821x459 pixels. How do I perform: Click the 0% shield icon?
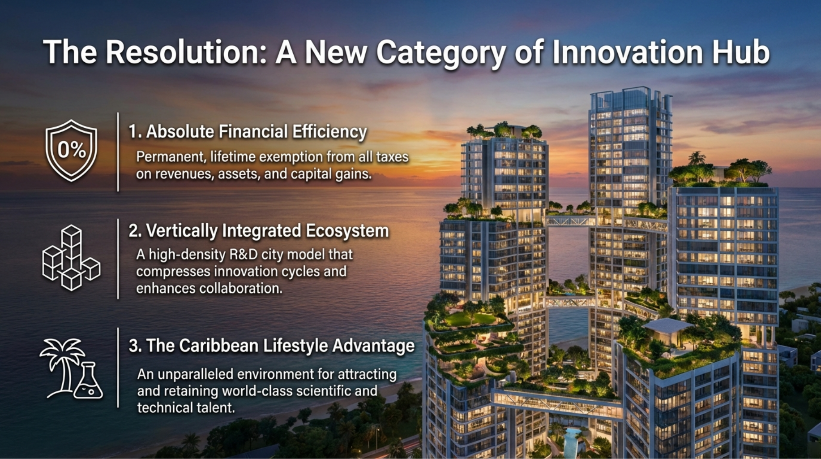coord(71,150)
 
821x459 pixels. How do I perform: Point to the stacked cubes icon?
coord(71,258)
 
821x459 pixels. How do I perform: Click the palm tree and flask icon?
coord(71,368)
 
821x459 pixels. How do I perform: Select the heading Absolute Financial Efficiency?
coord(248,132)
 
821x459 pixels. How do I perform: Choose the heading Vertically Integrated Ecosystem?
coord(259,231)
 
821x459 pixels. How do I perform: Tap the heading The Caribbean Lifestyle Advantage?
coord(272,346)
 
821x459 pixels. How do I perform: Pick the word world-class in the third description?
coord(257,391)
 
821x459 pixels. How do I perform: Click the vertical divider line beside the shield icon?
coord(118,152)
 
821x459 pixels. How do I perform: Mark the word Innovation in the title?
coord(628,52)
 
